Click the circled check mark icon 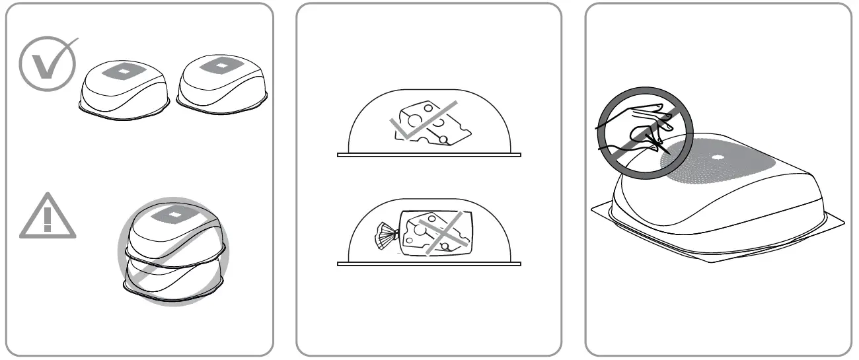(x=45, y=63)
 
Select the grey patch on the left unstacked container (x=122, y=70)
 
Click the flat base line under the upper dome (x=429, y=155)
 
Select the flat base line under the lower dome (x=429, y=264)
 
